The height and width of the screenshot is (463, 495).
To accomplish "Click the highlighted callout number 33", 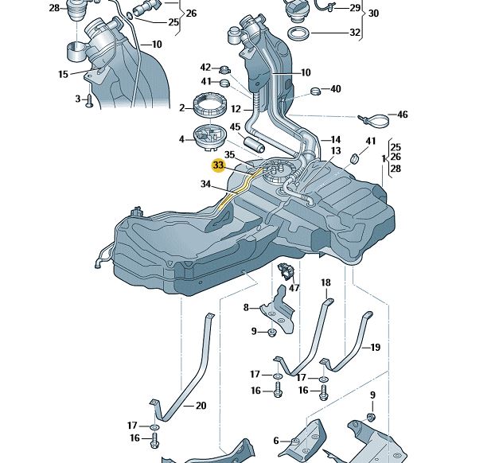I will tap(218, 165).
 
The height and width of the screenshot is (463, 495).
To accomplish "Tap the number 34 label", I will tap(206, 185).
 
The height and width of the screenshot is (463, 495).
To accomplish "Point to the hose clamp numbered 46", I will tap(375, 119).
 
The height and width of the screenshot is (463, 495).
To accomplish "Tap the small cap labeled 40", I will tap(314, 89).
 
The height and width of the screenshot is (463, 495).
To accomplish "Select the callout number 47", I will tap(294, 289).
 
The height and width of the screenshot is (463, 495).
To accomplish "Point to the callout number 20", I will tap(201, 406).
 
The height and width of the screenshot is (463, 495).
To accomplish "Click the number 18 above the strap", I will tap(325, 283).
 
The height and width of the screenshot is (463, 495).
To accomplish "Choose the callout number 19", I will tap(376, 347).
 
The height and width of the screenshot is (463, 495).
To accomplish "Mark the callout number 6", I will tap(276, 440).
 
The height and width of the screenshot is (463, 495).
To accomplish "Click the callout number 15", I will tap(63, 75).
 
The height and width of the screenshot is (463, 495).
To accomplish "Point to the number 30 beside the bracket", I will tap(374, 14).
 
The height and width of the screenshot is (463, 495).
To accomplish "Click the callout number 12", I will tap(236, 109).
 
